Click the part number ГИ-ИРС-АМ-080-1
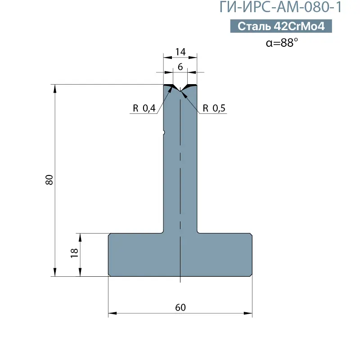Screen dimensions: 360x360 pyautogui.click(x=280, y=7)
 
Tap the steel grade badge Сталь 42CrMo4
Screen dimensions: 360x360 pyautogui.click(x=281, y=26)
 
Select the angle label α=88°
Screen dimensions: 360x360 pyautogui.click(x=282, y=43)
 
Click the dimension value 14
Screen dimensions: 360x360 pyautogui.click(x=180, y=52)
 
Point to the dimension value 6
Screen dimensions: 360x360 pyautogui.click(x=180, y=67)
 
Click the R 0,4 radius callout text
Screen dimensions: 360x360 pyautogui.click(x=144, y=108)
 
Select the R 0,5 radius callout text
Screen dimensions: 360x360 pyautogui.click(x=214, y=108)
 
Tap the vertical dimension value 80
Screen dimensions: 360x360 pyautogui.click(x=49, y=180)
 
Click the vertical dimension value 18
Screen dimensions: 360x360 pyautogui.click(x=74, y=253)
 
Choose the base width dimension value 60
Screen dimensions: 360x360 pyautogui.click(x=180, y=307)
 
